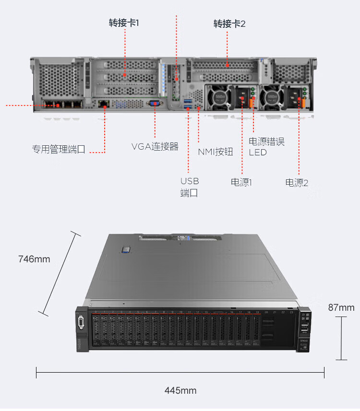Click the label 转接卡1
pos(124,23)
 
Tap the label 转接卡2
pos(229,23)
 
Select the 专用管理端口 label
pos(59,149)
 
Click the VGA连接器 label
pos(155,146)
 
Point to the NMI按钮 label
pos(216,152)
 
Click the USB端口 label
pos(189,187)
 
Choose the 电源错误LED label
pos(266,147)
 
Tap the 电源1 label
pos(241,182)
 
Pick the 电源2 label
pos(297,182)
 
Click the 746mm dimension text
pos(34,259)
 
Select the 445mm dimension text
pos(180,390)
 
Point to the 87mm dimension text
pos(341,307)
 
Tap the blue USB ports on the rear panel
pos(187,102)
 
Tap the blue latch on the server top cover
pos(126,248)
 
